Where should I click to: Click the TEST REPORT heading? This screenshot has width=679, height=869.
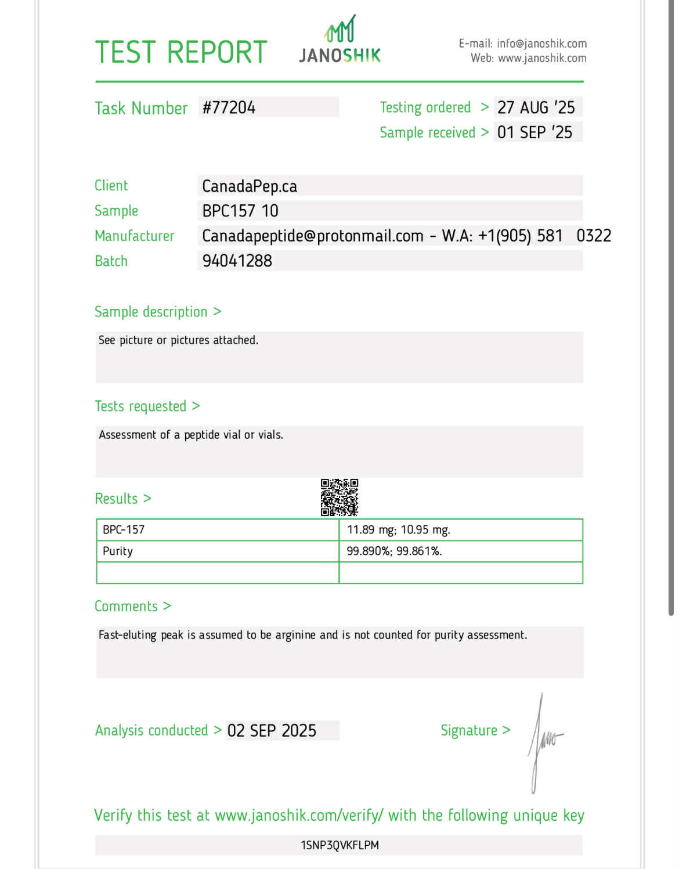coord(180,52)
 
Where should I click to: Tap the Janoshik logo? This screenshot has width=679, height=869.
coord(340,41)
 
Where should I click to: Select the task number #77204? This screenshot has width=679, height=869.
coord(229,107)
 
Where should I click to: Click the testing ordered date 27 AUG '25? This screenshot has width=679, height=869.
coord(536,107)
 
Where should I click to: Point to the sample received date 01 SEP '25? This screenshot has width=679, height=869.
coord(534,132)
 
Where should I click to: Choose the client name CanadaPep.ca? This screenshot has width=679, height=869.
coord(250,186)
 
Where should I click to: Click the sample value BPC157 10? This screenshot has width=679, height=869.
coord(240,211)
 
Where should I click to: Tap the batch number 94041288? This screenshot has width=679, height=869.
coord(237,261)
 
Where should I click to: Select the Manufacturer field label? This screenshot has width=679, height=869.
coord(134,236)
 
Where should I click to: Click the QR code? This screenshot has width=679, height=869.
coord(339,497)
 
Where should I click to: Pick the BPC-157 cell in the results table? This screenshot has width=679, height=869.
coord(124,529)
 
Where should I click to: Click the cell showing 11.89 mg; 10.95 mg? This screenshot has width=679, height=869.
coord(398,529)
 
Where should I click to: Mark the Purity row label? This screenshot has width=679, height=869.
coord(118,551)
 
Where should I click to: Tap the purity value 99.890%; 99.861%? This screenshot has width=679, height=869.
coord(394,551)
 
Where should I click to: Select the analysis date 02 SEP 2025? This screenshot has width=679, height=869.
coord(272,730)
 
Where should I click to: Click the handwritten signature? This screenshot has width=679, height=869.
coord(543,740)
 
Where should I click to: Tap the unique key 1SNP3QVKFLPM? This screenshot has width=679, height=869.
coord(339,845)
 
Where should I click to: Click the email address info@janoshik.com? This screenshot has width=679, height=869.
coord(541,44)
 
